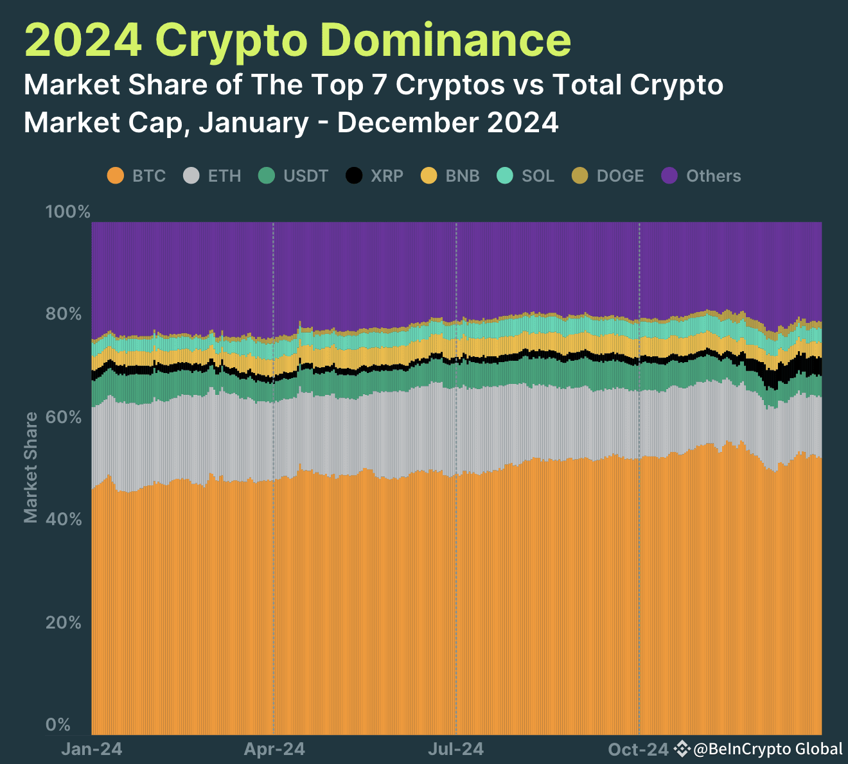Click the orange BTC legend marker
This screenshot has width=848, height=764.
(x=116, y=175)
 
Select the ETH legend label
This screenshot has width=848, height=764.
(x=224, y=176)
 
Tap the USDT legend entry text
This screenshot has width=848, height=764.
(x=306, y=176)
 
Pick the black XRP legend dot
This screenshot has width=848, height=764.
(x=354, y=175)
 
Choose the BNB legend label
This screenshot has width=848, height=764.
(x=463, y=176)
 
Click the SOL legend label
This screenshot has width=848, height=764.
(x=538, y=176)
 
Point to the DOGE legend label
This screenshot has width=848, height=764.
(x=620, y=176)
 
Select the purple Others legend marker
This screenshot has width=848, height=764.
(x=669, y=175)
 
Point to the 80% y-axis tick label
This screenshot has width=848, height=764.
(x=64, y=314)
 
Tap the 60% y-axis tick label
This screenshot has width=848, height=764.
(x=64, y=417)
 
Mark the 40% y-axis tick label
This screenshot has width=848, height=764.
(x=64, y=519)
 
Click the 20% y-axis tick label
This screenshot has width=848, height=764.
(x=64, y=622)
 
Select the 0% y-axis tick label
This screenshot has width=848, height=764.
(x=58, y=725)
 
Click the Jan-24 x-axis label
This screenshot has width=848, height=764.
(x=91, y=749)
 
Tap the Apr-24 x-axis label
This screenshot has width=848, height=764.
(x=274, y=749)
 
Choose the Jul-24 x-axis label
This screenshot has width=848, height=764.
(x=456, y=749)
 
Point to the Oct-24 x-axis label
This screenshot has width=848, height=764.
(x=639, y=749)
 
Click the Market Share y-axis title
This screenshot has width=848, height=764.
(x=31, y=467)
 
